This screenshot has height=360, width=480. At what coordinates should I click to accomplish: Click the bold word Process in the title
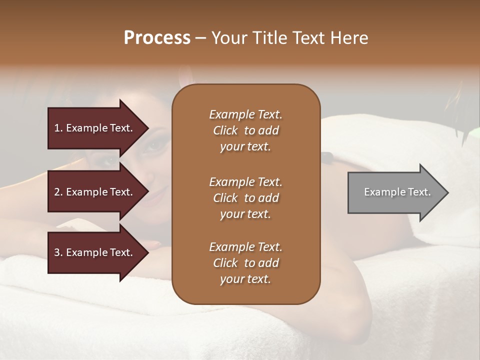coord(157,38)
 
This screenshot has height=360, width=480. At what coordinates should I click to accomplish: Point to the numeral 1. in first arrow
coord(58,128)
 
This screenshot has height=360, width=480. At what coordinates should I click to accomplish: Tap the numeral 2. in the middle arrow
coord(58,192)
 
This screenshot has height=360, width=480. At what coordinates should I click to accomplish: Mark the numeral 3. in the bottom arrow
coord(58,252)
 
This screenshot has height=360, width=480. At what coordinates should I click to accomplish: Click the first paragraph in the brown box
coord(245,130)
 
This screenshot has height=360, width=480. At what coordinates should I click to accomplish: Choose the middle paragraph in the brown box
coord(245,197)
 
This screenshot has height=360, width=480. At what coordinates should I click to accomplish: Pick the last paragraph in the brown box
coord(245,263)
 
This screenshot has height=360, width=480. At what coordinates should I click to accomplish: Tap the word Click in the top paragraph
coord(225,130)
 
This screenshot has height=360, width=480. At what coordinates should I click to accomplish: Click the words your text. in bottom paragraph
coord(245,279)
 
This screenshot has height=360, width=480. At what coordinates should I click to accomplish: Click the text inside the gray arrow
coord(397,192)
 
